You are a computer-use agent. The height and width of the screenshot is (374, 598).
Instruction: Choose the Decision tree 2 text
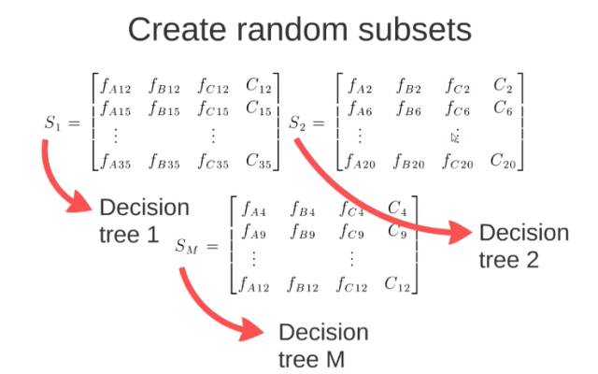[523, 246]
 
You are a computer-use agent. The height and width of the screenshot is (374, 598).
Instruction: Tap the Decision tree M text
[323, 344]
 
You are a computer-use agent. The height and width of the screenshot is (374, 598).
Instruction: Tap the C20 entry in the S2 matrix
[503, 161]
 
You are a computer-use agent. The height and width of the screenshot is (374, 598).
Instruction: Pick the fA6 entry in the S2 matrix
[360, 109]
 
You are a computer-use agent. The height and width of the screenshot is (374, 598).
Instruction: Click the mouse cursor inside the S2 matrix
[455, 137]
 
